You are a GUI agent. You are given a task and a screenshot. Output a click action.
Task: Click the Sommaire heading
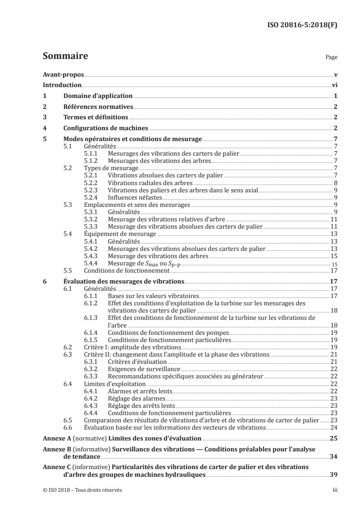tap(65, 57)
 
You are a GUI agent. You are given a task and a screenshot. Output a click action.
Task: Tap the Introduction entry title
tap(62, 85)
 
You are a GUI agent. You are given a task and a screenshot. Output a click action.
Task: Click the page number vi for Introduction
tap(334, 85)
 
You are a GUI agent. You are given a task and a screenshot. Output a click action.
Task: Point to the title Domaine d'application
tap(98, 96)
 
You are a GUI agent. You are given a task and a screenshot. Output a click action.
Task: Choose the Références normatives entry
tap(98, 107)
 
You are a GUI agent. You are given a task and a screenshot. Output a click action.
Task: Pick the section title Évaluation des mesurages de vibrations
tap(123, 281)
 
